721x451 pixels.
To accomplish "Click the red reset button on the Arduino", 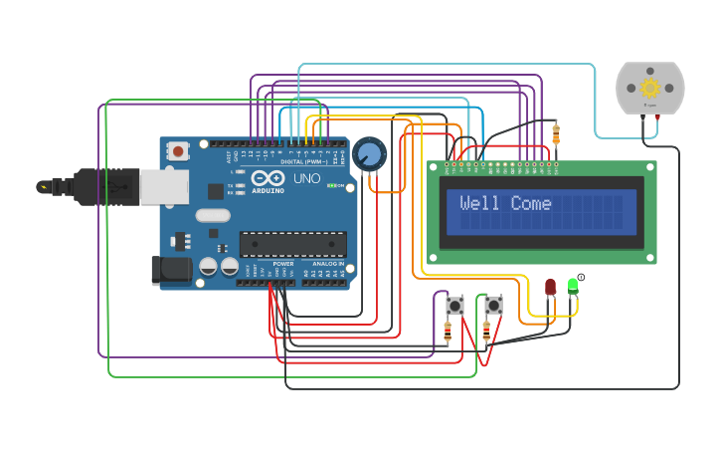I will (178, 151).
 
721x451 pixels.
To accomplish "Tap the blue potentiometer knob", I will (369, 154).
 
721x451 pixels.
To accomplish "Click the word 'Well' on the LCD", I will (479, 204).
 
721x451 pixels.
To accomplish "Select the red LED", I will (550, 287).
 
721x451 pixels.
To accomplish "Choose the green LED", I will (573, 286).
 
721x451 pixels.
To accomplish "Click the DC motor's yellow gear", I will (650, 87).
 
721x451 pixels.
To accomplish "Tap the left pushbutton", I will (455, 304).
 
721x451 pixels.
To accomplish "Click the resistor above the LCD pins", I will (555, 133).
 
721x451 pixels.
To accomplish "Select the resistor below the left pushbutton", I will (448, 332).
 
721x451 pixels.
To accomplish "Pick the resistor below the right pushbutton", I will (486, 332).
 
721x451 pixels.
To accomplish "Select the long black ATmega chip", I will (293, 244).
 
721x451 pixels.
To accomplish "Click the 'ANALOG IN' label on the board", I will (327, 264).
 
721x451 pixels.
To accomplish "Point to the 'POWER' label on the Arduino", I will (283, 264).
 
